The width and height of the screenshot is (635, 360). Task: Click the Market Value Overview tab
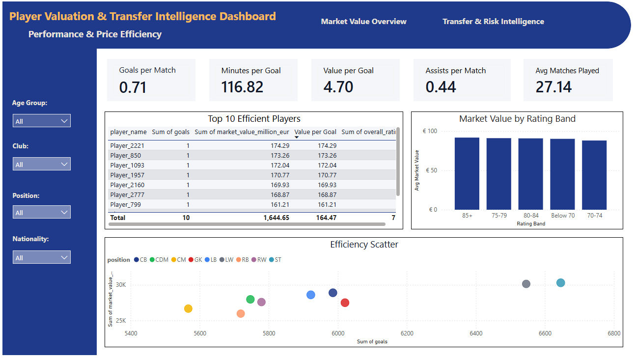tap(363, 22)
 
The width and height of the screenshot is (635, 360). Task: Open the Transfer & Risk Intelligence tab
tap(493, 22)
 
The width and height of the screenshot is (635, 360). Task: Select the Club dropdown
tap(42, 164)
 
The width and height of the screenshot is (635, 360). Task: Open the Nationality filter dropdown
tap(42, 257)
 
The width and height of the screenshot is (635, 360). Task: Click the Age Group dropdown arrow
tap(64, 121)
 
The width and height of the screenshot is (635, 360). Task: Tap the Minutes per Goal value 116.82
tap(242, 87)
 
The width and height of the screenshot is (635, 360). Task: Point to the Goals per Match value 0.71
tap(133, 87)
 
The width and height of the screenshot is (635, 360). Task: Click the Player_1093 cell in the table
tap(127, 166)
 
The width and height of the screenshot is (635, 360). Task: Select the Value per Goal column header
tap(315, 132)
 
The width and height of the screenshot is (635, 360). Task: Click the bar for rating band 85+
tap(467, 173)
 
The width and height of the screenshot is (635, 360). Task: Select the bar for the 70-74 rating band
tap(594, 175)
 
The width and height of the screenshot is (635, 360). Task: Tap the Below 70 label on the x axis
tap(562, 216)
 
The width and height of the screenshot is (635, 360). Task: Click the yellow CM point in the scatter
tap(188, 308)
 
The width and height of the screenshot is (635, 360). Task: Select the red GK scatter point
tap(345, 303)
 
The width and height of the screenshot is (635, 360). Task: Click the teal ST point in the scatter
tap(560, 283)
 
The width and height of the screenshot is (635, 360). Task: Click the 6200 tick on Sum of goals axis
tap(407, 333)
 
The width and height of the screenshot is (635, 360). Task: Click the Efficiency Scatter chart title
tap(364, 245)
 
